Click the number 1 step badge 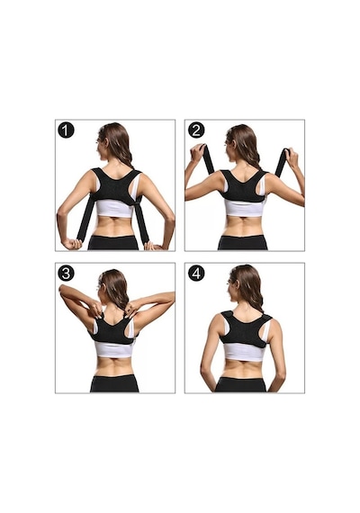(x=66, y=130)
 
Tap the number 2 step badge (x=196, y=130)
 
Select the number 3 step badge (x=66, y=274)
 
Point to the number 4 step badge (x=196, y=274)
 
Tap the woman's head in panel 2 (x=240, y=142)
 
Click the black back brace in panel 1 (x=115, y=186)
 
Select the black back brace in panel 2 (x=243, y=185)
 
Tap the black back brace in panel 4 (x=246, y=328)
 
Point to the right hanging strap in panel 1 (x=141, y=220)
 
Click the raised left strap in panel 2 (x=208, y=159)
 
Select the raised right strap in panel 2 (x=282, y=162)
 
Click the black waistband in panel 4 (x=240, y=384)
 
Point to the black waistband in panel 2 (x=242, y=242)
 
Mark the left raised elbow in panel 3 (x=62, y=289)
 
